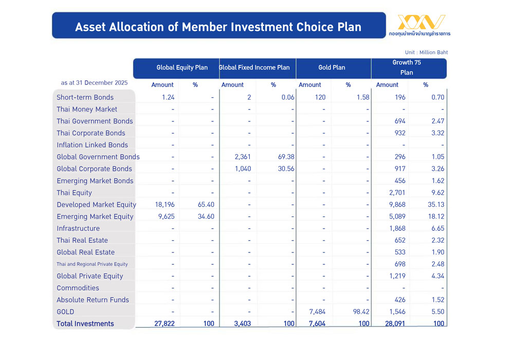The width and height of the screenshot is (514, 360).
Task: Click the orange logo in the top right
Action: (421, 23)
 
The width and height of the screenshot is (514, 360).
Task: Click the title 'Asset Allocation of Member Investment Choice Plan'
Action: (218, 27)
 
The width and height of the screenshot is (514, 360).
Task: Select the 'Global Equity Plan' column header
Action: (182, 67)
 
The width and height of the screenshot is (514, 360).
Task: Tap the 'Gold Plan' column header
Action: (332, 67)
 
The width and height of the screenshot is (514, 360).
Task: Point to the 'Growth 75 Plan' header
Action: (407, 67)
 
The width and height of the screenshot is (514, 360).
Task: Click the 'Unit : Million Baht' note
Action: (426, 52)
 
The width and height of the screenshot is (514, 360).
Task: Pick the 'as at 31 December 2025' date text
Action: (94, 82)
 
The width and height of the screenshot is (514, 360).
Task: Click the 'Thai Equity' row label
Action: (75, 193)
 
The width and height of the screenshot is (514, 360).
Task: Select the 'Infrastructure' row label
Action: (78, 228)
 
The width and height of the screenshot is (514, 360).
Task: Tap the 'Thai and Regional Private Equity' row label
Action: (92, 264)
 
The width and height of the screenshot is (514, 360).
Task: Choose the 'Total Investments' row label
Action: (85, 323)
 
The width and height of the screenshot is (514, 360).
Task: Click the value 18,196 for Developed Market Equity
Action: (164, 205)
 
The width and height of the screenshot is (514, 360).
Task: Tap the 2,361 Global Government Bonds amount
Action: (241, 157)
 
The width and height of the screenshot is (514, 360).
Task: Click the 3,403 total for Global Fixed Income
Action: (241, 323)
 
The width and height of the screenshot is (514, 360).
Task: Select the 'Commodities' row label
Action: (78, 288)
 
